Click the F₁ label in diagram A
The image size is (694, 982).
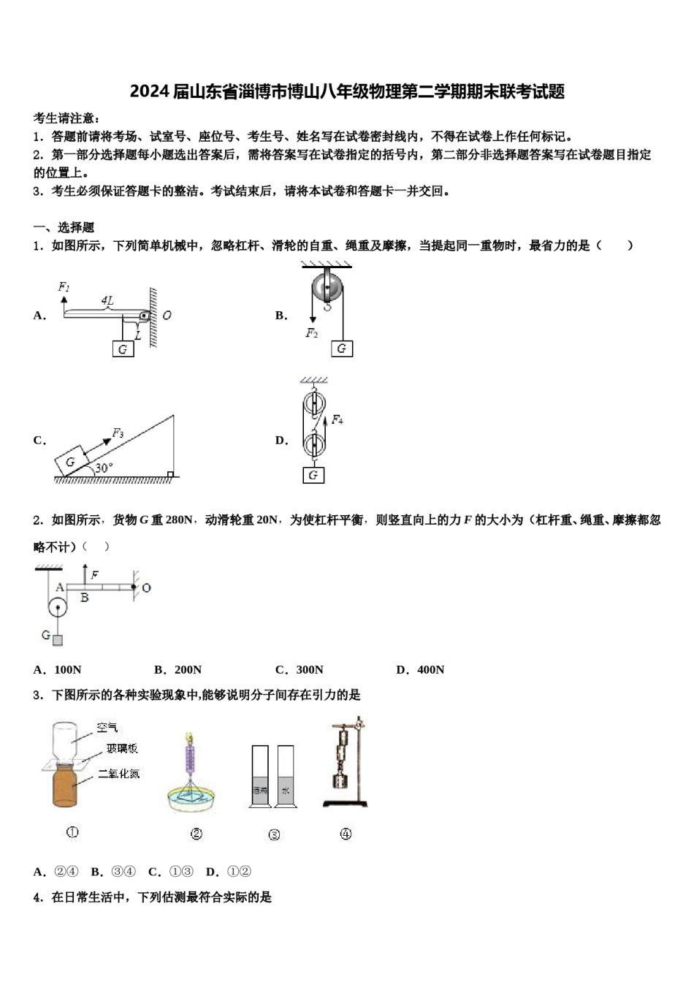pos(64,287)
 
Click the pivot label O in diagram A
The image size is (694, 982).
pos(167,316)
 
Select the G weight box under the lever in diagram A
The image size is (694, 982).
pos(123,349)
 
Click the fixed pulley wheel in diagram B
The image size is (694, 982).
pos(327,287)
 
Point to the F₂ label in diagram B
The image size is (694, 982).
pos(312,334)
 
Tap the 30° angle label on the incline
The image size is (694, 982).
pos(104,468)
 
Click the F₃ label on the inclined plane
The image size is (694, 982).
pos(118,433)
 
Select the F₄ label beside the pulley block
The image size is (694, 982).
pos(337,420)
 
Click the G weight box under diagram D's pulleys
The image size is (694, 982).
pos(313,475)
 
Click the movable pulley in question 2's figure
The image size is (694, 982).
pos(57,607)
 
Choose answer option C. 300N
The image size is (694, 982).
pos(300,669)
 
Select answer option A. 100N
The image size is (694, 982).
pos(58,669)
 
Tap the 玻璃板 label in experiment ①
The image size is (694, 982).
pos(121,748)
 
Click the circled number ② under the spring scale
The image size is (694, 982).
pos(196,834)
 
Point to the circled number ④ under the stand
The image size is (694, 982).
pos(346,834)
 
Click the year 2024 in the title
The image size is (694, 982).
pos(150,92)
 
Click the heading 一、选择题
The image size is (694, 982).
pos(64,227)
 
